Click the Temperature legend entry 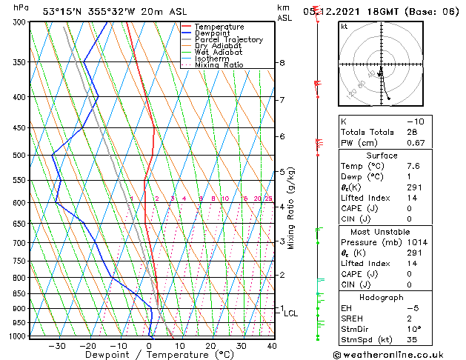[x=220, y=27]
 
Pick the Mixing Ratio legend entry [x=219, y=65]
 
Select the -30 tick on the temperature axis [x=57, y=345]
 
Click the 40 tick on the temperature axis [x=272, y=345]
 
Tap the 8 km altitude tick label [x=282, y=63]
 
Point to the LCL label [x=291, y=313]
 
